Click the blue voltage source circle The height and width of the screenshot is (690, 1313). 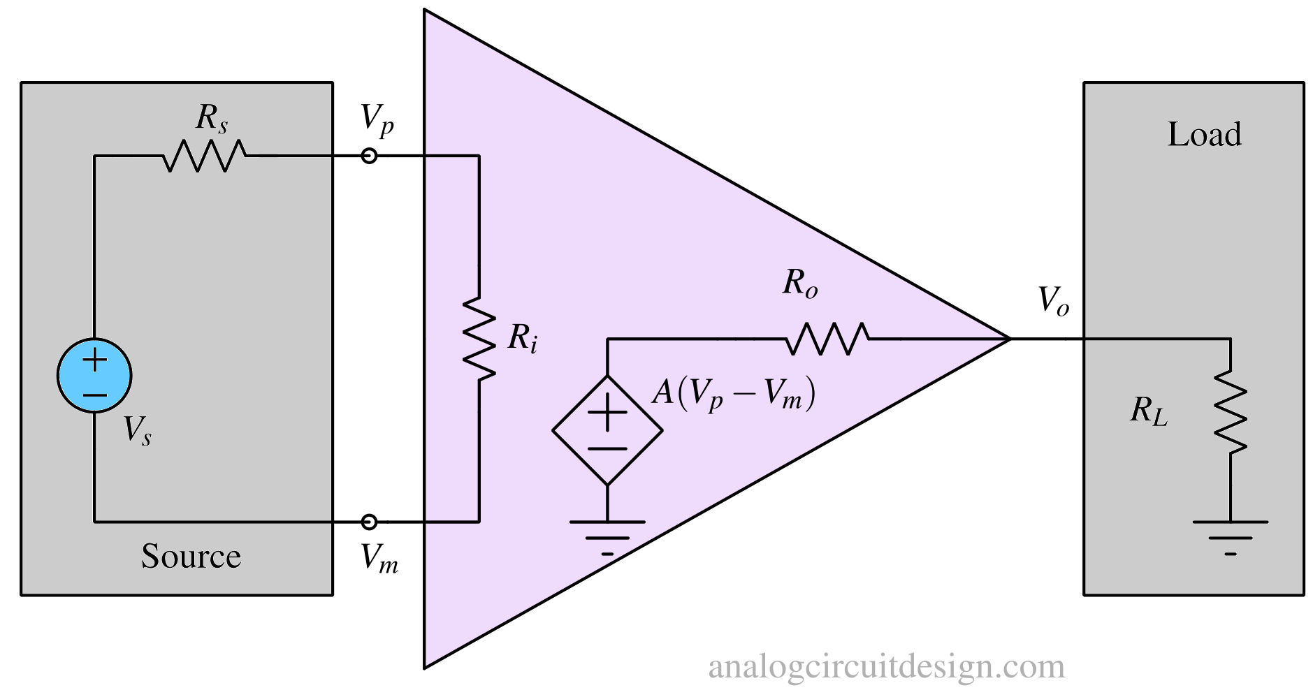click(x=94, y=375)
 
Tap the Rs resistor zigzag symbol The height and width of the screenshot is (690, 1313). click(x=204, y=156)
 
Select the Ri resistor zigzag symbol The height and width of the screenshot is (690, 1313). click(x=479, y=338)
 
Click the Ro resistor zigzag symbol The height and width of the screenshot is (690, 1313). click(x=827, y=339)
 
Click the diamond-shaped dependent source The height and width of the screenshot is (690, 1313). click(x=607, y=430)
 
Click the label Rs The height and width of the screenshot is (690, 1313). click(x=211, y=119)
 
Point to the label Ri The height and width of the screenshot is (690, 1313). click(x=522, y=339)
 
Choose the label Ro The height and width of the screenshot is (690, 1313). click(x=799, y=284)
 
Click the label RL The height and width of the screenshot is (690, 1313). click(x=1148, y=411)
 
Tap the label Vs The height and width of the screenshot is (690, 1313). click(x=137, y=430)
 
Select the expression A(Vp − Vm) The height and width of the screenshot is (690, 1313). click(x=733, y=395)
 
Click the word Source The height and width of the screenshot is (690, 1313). click(x=191, y=557)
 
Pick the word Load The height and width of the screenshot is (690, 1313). click(x=1204, y=134)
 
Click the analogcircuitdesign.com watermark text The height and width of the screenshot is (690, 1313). click(x=886, y=666)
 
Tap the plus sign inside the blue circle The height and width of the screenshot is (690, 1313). click(x=94, y=360)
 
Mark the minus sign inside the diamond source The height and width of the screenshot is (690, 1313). click(x=607, y=448)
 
